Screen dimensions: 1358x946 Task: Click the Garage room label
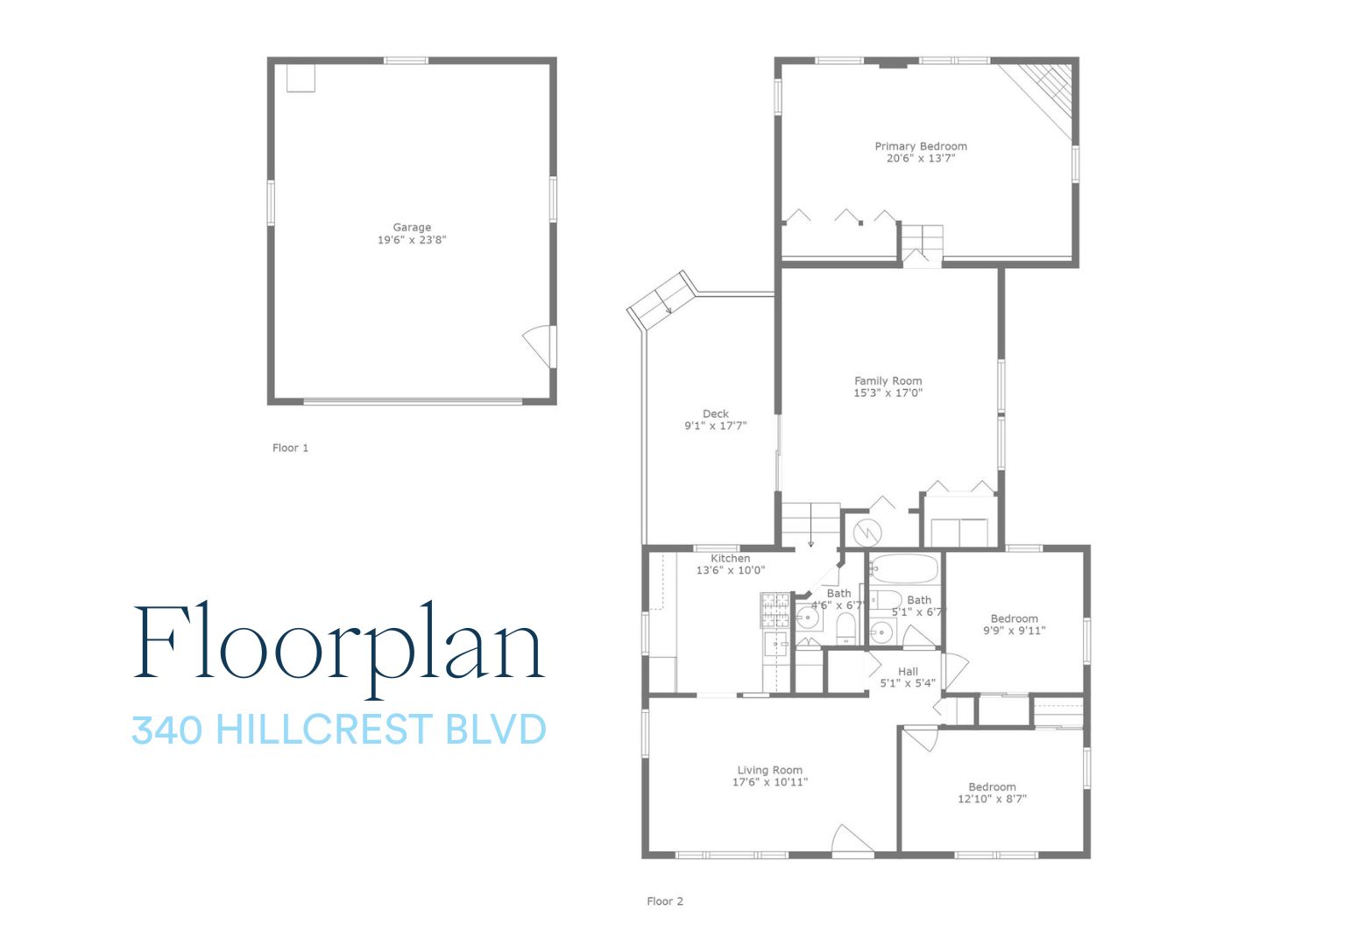point(412,227)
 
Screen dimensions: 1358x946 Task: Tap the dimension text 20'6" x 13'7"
point(920,159)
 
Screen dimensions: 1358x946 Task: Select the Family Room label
point(888,380)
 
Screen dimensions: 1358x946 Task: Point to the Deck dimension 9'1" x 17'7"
point(716,426)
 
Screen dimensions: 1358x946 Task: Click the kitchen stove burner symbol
point(774,610)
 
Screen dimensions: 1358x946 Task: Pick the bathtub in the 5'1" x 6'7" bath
point(904,568)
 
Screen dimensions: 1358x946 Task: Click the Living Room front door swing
point(852,839)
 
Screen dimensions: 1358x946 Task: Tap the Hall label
point(908,672)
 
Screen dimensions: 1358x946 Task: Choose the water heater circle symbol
point(867,533)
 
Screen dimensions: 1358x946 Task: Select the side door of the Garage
point(539,346)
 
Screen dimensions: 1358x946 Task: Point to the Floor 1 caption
point(290,448)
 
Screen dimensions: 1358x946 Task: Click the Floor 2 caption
point(664,901)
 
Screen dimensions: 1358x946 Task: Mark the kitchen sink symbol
point(775,644)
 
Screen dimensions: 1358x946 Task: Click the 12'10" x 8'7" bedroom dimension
point(992,799)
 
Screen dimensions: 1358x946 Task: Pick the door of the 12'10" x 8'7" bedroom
point(921,738)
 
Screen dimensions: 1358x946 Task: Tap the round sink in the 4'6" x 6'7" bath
point(808,618)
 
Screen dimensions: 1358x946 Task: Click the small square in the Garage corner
point(301,78)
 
